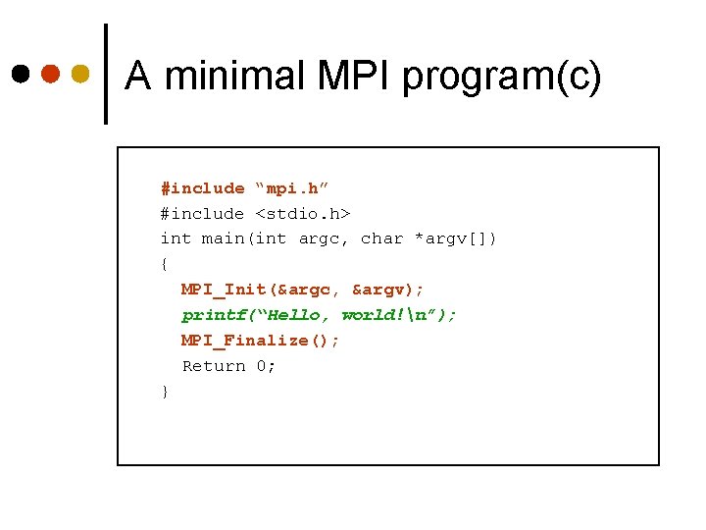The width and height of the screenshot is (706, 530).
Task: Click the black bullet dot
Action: click(x=21, y=75)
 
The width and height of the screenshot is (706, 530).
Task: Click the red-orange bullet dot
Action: click(x=51, y=75)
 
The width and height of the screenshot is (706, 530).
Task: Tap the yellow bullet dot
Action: click(x=80, y=75)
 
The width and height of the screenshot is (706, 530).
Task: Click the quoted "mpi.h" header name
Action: click(x=292, y=188)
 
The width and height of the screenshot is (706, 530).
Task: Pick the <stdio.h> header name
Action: click(x=303, y=213)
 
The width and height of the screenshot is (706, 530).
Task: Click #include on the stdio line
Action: click(x=202, y=213)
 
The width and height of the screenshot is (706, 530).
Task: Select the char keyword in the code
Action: click(x=381, y=238)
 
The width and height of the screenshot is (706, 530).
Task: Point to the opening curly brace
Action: click(x=165, y=264)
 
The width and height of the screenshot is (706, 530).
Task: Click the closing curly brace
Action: click(x=165, y=392)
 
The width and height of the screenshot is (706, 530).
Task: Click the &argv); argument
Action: click(x=388, y=290)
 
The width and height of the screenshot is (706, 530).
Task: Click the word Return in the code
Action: click(x=214, y=366)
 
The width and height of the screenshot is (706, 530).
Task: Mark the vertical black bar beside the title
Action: click(x=106, y=75)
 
